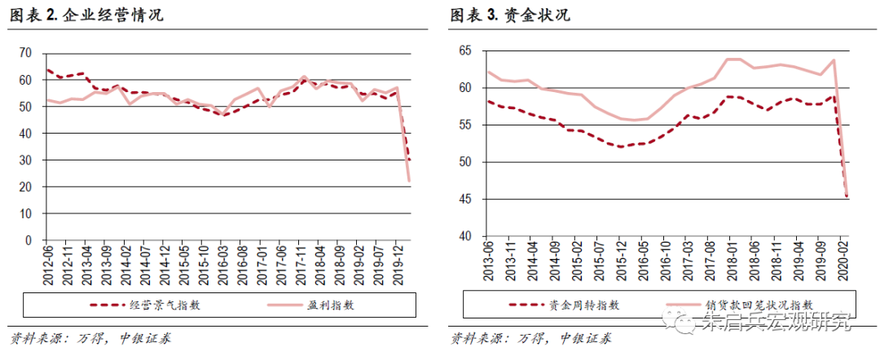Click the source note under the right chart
(x=530, y=338)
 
